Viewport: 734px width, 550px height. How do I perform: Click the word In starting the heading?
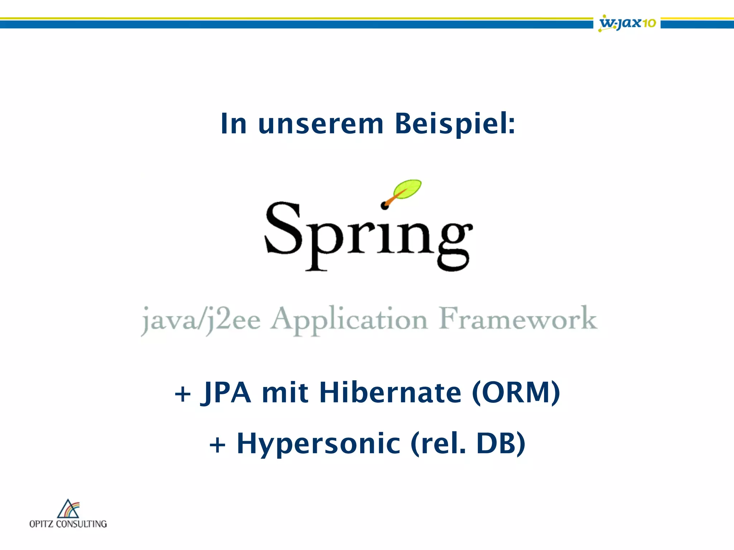click(x=233, y=124)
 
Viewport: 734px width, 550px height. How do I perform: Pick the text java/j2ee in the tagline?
click(x=201, y=320)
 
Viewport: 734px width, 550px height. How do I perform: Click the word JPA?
click(x=226, y=393)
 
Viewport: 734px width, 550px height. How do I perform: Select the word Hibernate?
click(x=390, y=392)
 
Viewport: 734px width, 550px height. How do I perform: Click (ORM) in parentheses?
click(x=516, y=393)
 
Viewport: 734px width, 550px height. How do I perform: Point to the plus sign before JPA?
click(x=183, y=394)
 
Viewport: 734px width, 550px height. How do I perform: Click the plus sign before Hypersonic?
click(x=217, y=445)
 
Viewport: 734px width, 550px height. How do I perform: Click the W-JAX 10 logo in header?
click(x=627, y=23)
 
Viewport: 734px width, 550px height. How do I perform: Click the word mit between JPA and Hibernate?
click(x=285, y=393)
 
